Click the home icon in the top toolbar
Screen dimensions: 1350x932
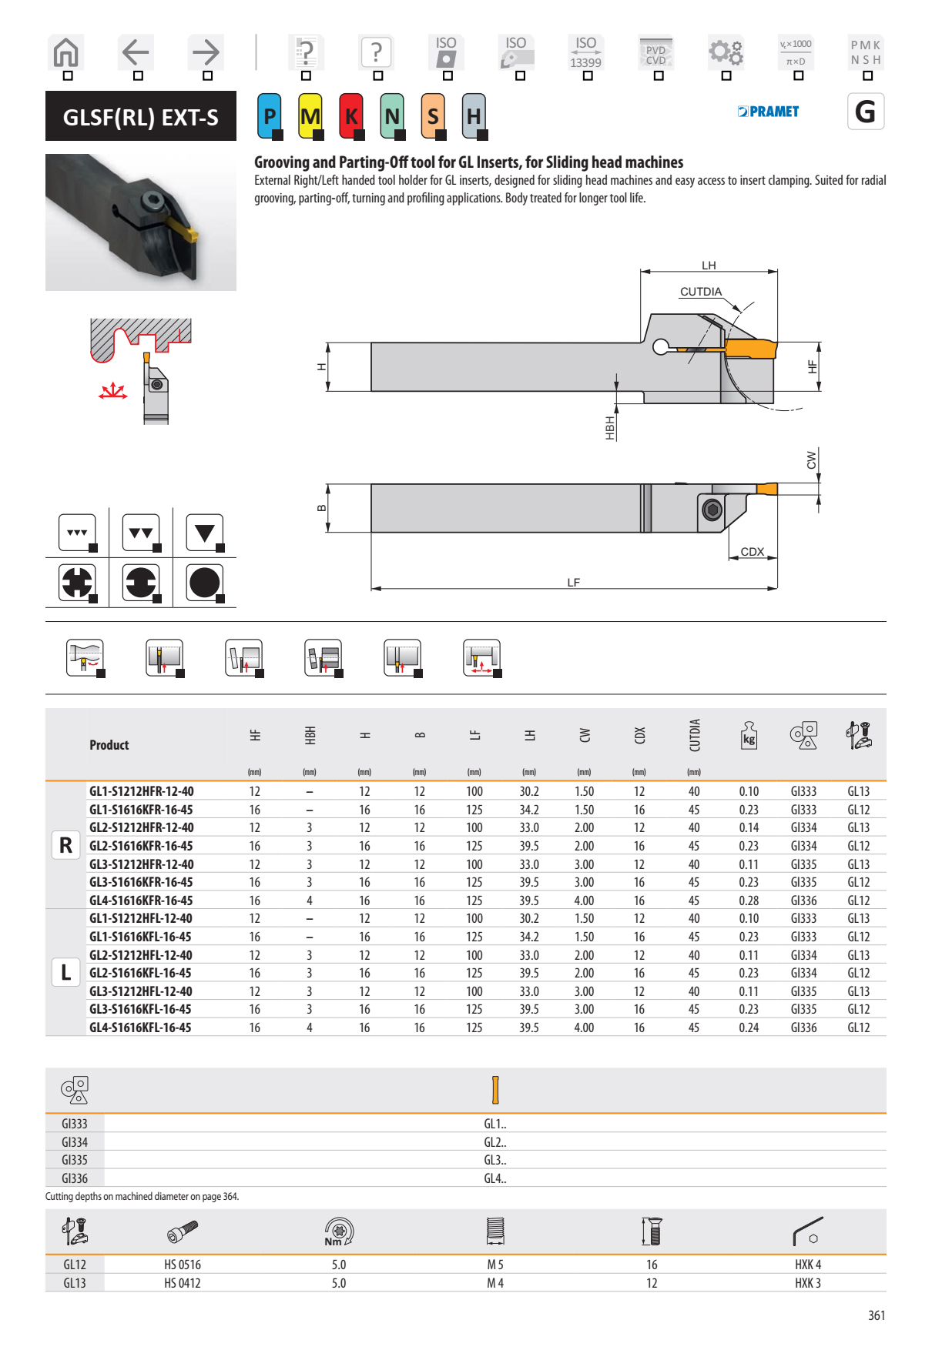[66, 52]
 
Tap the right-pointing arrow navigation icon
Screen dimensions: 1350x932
[206, 52]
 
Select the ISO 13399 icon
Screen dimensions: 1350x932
[585, 52]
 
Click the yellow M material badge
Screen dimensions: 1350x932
[310, 116]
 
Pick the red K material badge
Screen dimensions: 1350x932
[351, 116]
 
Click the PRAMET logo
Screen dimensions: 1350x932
[768, 112]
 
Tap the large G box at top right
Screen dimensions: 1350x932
[865, 112]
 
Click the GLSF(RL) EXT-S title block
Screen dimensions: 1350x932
[140, 117]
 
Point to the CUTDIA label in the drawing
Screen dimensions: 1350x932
[700, 292]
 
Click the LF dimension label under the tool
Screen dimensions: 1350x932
[573, 583]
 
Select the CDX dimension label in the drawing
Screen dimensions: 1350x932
[752, 552]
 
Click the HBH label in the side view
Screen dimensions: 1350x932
[610, 428]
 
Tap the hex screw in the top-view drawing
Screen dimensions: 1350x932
[712, 510]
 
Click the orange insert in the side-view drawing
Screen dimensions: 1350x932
[750, 349]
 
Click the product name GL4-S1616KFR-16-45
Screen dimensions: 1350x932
[141, 901]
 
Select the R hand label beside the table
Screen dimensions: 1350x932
[65, 845]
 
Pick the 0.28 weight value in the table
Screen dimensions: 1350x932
[748, 901]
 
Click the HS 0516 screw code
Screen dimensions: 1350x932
[182, 1265]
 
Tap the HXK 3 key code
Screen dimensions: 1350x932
[807, 1283]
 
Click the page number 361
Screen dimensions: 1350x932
[876, 1315]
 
